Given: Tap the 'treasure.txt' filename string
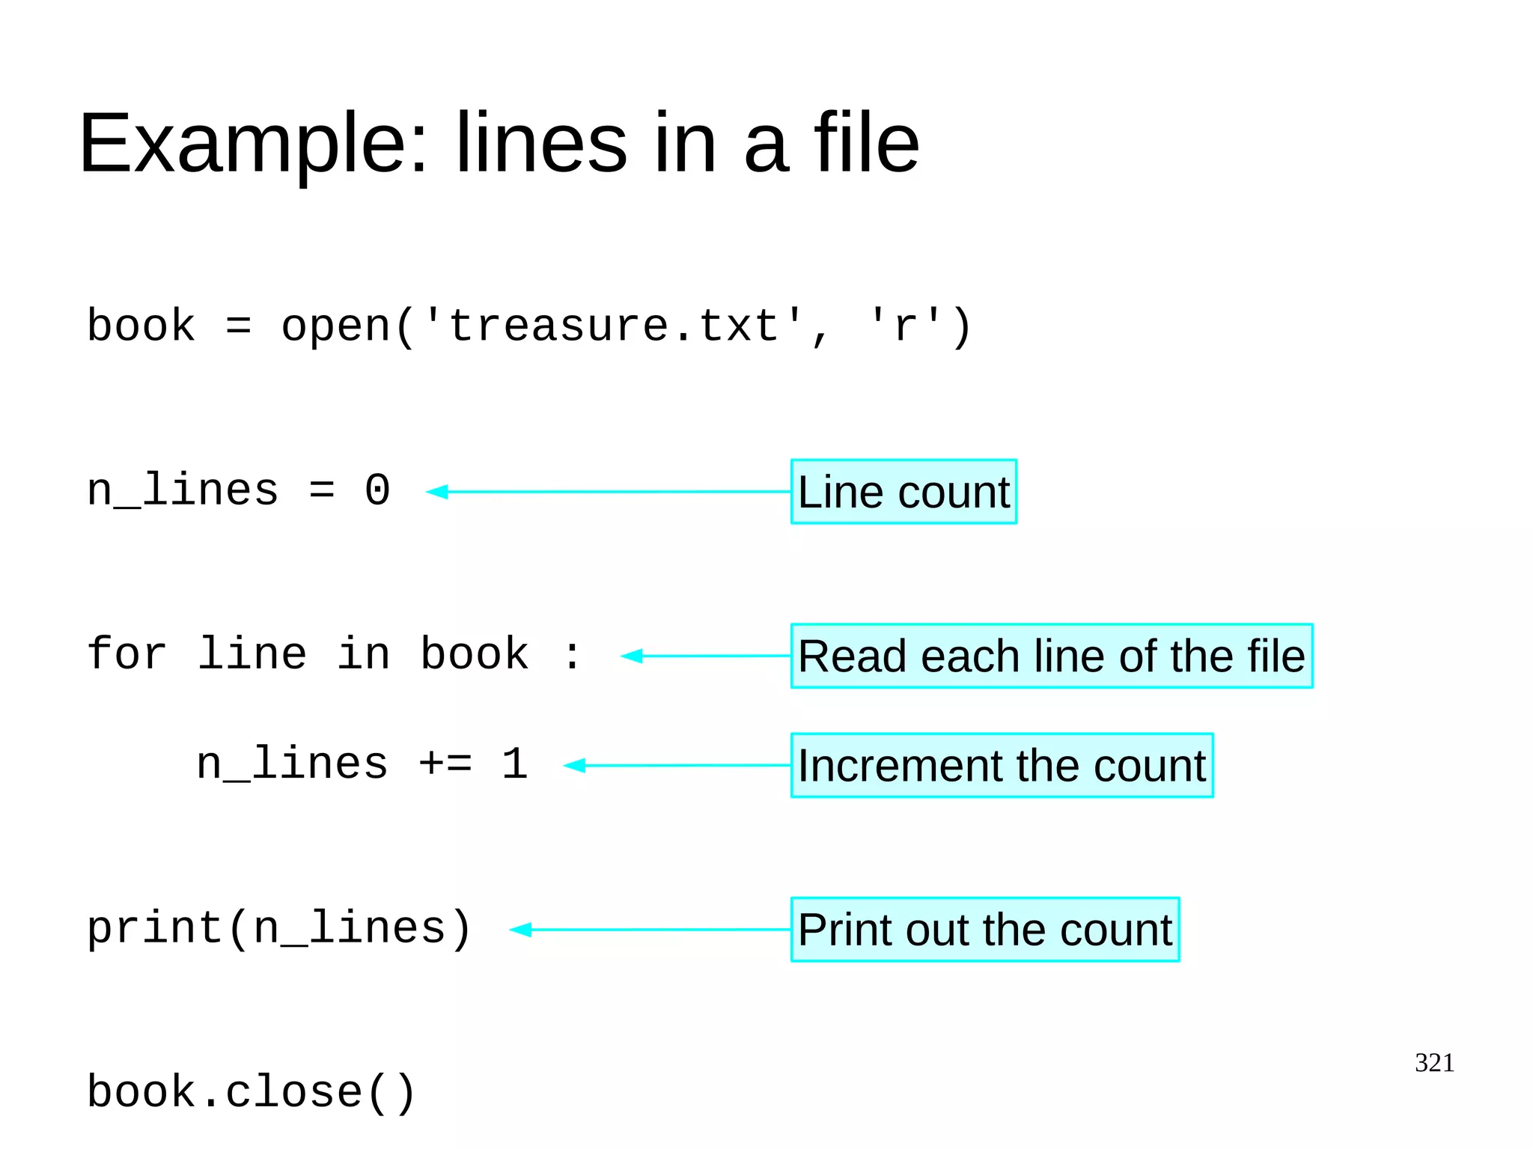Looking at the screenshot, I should [613, 327].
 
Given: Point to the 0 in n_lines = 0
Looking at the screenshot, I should [377, 491].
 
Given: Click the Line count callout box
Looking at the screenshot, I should [903, 492].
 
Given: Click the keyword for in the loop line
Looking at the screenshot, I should [127, 654].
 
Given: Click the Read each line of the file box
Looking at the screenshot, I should [1051, 656].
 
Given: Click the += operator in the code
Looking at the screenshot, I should [445, 764].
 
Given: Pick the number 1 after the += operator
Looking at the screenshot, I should [515, 764].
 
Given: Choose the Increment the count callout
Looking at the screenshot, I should [1002, 766].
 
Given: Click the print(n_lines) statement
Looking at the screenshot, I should [279, 929].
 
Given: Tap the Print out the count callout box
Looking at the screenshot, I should [985, 930].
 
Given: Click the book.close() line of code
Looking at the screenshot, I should [252, 1092].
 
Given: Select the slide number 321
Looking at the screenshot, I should [1434, 1063].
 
